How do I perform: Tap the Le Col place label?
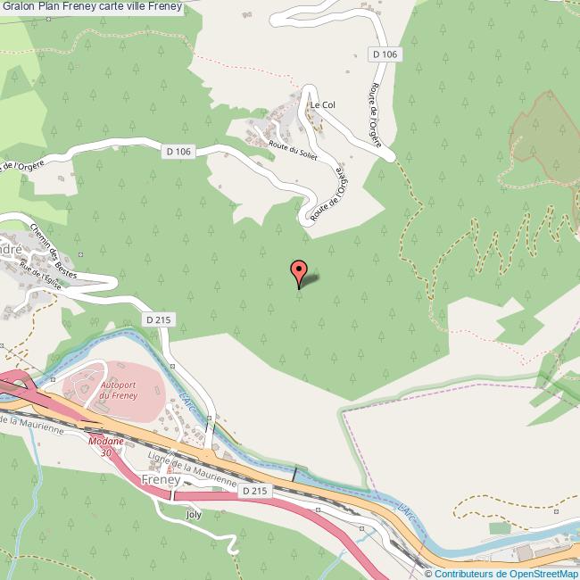point(321,105)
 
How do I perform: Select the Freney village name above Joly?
point(161,480)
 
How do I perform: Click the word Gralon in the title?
point(19,6)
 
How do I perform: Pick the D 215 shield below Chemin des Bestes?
point(158,319)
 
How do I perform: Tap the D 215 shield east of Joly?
point(254,491)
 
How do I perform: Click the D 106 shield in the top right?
point(385,54)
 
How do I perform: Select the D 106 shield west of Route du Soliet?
point(178,152)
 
